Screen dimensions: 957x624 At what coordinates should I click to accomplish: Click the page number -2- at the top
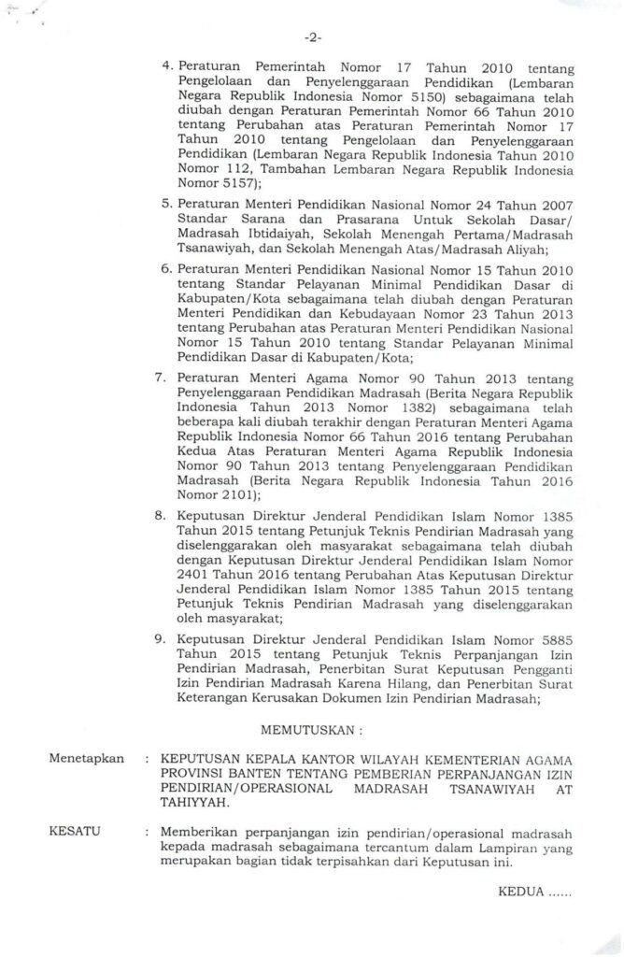311,39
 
